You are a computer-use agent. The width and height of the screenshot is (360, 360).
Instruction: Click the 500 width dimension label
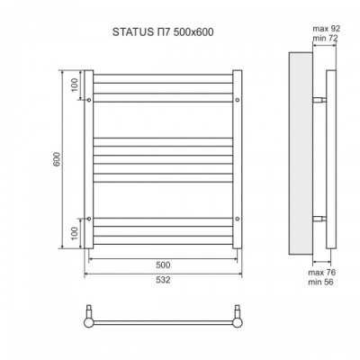162,265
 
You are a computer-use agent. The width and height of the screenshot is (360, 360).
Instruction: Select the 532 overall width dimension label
162,280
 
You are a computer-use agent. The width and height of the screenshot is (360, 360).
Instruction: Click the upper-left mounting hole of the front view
88,101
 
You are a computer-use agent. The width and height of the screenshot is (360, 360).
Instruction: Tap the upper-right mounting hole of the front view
237,101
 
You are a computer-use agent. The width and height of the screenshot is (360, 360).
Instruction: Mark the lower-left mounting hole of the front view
88,219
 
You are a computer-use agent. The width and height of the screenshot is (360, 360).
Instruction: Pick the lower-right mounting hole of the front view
237,219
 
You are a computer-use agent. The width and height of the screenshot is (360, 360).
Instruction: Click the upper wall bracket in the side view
319,100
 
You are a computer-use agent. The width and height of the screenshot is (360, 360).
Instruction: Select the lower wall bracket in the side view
319,219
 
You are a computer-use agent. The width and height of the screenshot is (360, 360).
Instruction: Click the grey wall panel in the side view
300,153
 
